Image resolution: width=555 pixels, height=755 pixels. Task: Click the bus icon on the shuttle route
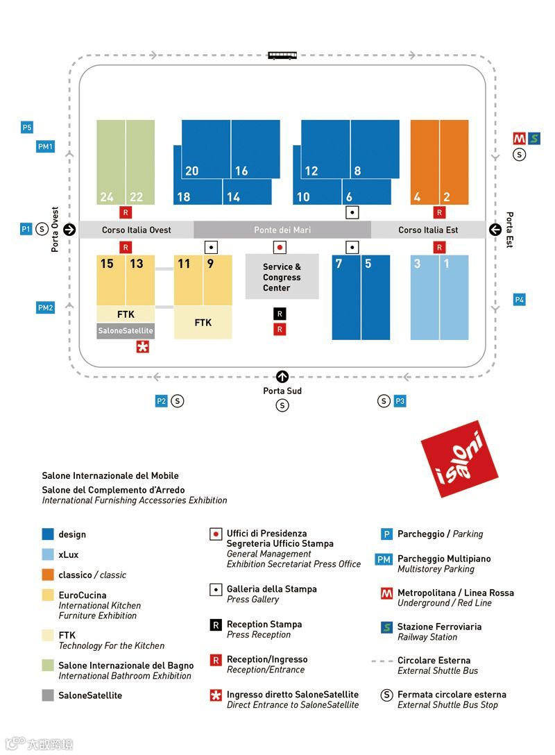pyautogui.click(x=282, y=55)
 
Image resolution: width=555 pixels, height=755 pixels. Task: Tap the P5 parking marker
pyautogui.click(x=27, y=128)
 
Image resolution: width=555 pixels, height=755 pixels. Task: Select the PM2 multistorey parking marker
pyautogui.click(x=45, y=307)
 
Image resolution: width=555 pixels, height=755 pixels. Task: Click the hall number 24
pyautogui.click(x=106, y=197)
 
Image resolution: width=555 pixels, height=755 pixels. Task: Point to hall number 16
pyautogui.click(x=241, y=171)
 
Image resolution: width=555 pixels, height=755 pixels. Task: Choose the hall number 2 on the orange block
pyautogui.click(x=447, y=197)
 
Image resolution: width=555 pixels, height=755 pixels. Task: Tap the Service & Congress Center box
pyautogui.click(x=282, y=277)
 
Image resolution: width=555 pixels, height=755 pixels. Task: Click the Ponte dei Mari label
pyautogui.click(x=282, y=230)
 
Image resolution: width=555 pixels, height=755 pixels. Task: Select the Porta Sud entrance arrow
pyautogui.click(x=282, y=377)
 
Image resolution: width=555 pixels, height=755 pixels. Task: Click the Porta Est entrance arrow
pyautogui.click(x=495, y=230)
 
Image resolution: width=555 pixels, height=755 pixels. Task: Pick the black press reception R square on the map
pyautogui.click(x=280, y=314)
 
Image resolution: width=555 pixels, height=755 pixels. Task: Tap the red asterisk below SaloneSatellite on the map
pyautogui.click(x=142, y=347)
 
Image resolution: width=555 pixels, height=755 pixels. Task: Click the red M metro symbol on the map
pyautogui.click(x=519, y=138)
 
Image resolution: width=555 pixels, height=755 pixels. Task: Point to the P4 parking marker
pyautogui.click(x=520, y=300)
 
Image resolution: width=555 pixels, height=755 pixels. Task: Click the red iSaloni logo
pyautogui.click(x=459, y=457)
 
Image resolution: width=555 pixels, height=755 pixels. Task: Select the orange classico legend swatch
pyautogui.click(x=48, y=575)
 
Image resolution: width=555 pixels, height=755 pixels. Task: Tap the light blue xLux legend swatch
pyautogui.click(x=48, y=554)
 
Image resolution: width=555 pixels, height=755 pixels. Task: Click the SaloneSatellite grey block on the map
pyautogui.click(x=126, y=331)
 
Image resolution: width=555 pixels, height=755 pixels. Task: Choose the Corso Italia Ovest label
pyautogui.click(x=137, y=230)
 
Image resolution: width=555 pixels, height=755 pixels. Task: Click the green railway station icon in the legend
pyautogui.click(x=387, y=627)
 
